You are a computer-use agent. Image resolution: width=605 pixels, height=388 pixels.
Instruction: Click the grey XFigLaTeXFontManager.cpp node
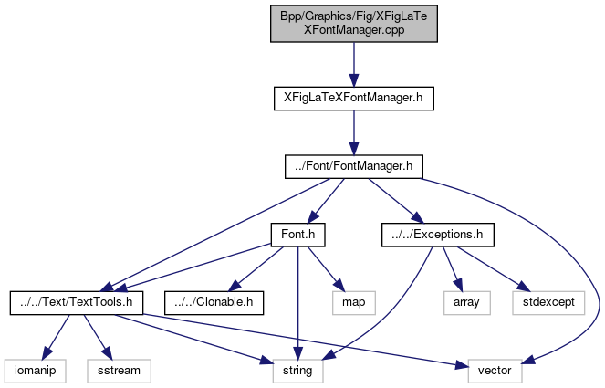tap(354, 22)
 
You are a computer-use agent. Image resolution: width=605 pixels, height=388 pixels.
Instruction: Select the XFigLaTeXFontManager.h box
tap(354, 96)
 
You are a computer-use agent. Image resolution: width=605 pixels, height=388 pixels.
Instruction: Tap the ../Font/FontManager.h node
tap(354, 165)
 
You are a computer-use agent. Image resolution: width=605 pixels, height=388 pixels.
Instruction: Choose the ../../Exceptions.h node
tap(437, 235)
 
